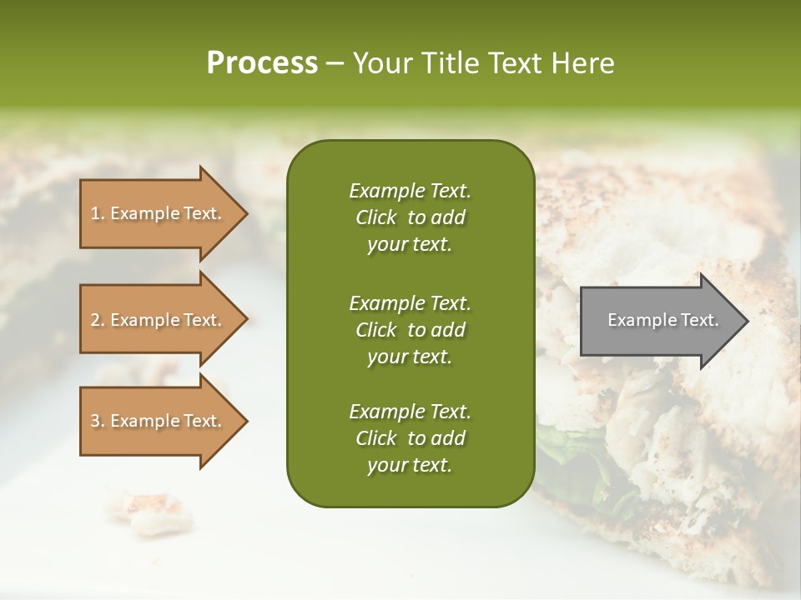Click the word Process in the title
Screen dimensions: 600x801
(262, 63)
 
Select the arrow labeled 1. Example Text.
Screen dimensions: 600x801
(159, 213)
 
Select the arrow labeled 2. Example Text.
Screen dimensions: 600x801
(159, 320)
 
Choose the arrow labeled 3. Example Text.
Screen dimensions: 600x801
(159, 421)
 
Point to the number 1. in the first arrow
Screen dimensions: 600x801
(98, 213)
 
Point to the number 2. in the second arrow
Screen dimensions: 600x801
(98, 320)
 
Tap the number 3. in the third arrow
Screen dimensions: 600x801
(98, 421)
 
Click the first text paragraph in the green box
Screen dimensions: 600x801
(410, 217)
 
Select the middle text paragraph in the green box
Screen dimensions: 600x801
(410, 329)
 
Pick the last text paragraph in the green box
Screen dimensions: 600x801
(410, 438)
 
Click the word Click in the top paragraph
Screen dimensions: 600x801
(375, 217)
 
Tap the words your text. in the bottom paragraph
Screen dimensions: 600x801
(410, 466)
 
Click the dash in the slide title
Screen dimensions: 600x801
(335, 63)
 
